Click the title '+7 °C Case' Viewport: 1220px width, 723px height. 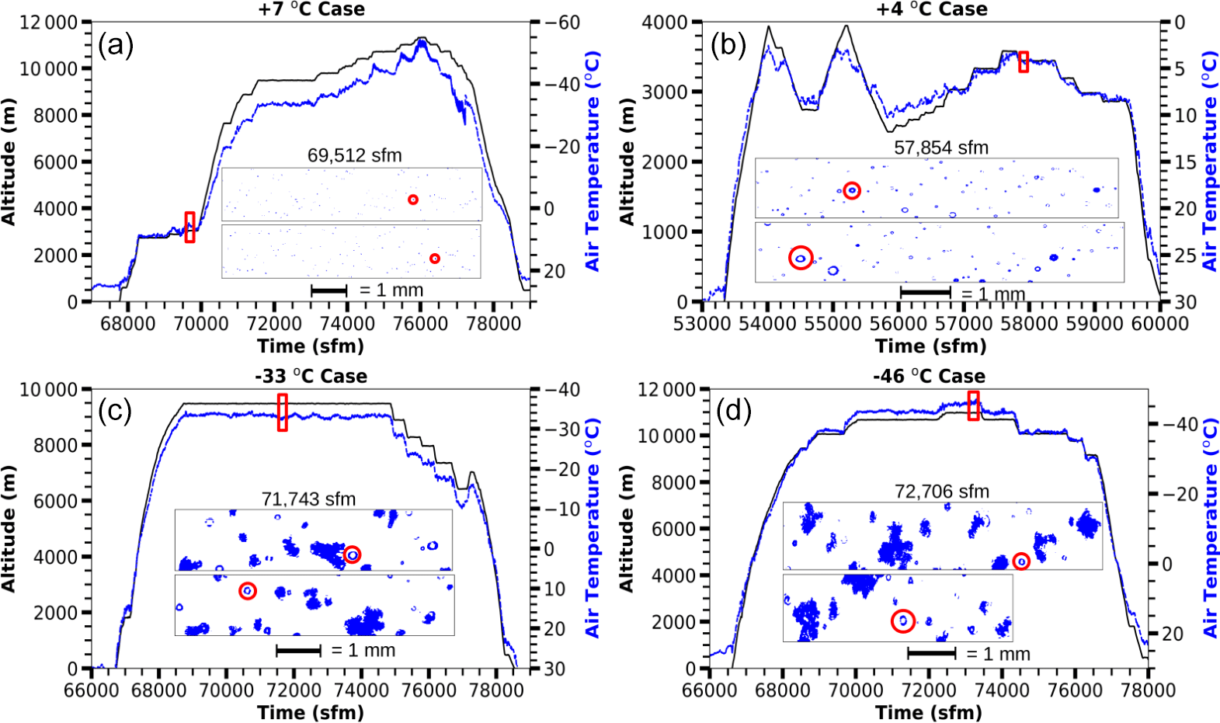(311, 9)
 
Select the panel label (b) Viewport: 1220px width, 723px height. (728, 46)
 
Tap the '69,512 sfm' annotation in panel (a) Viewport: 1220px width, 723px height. (354, 155)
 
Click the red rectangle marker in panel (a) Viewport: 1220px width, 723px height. (189, 227)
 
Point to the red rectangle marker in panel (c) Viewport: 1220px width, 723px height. (282, 412)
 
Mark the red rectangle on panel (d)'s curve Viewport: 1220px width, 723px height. (973, 405)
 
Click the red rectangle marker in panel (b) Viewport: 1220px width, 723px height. (1024, 62)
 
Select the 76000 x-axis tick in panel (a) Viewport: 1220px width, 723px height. (420, 323)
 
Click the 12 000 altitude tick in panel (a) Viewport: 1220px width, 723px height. (49, 23)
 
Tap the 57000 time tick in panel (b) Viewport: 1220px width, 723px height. (964, 323)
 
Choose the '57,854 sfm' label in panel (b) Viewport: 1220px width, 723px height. (941, 148)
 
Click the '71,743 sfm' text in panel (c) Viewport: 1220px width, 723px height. (308, 499)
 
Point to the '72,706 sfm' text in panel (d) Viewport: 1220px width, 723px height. (942, 492)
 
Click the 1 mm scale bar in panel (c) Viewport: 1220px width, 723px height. (298, 651)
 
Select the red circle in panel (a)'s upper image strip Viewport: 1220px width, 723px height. (413, 200)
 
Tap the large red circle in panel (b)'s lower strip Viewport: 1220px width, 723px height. (801, 258)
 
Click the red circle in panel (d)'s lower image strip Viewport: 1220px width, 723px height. (902, 620)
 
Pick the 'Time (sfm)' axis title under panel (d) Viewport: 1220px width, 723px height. (928, 712)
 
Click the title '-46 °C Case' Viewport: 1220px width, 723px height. (929, 377)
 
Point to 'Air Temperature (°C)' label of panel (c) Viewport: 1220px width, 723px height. (593, 528)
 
